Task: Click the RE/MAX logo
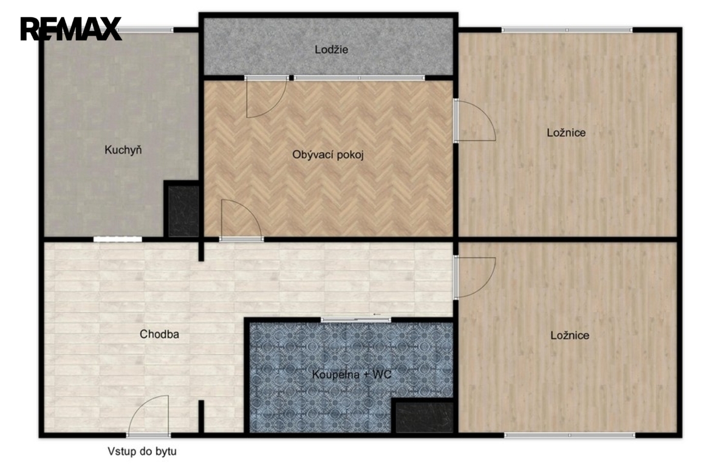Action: [x=71, y=29]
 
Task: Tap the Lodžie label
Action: [x=332, y=50]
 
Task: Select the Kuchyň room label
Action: [x=123, y=150]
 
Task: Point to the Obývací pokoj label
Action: [x=328, y=155]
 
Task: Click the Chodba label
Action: [x=159, y=334]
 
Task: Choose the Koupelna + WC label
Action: [x=352, y=374]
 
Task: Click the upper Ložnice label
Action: [x=566, y=133]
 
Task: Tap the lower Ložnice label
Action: [x=570, y=335]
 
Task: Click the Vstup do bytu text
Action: [x=142, y=451]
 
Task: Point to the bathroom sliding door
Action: [x=356, y=320]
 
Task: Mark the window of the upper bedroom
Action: [x=567, y=30]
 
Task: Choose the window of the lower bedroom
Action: [x=570, y=435]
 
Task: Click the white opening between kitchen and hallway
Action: [x=118, y=238]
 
